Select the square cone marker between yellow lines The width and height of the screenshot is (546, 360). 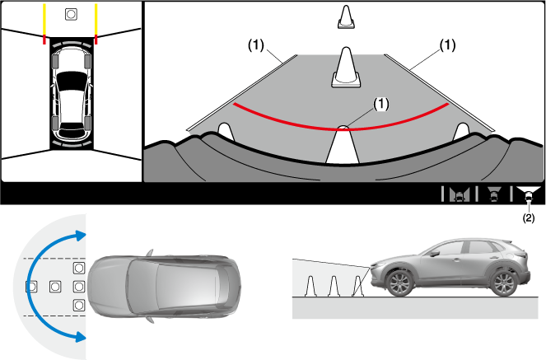tap(70, 14)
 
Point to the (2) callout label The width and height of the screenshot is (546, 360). tap(528, 218)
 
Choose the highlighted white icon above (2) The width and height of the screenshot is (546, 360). tap(528, 195)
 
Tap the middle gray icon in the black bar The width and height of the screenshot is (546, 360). tap(493, 195)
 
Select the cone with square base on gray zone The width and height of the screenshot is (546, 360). tap(345, 66)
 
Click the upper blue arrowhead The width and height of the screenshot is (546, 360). tap(79, 235)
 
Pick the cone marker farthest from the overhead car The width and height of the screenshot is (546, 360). tap(31, 287)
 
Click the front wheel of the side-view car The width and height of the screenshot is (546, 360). tap(399, 283)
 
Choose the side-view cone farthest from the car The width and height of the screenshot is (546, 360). tap(312, 285)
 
